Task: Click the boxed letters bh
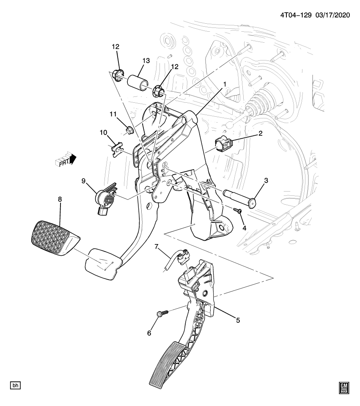point(16,386)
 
